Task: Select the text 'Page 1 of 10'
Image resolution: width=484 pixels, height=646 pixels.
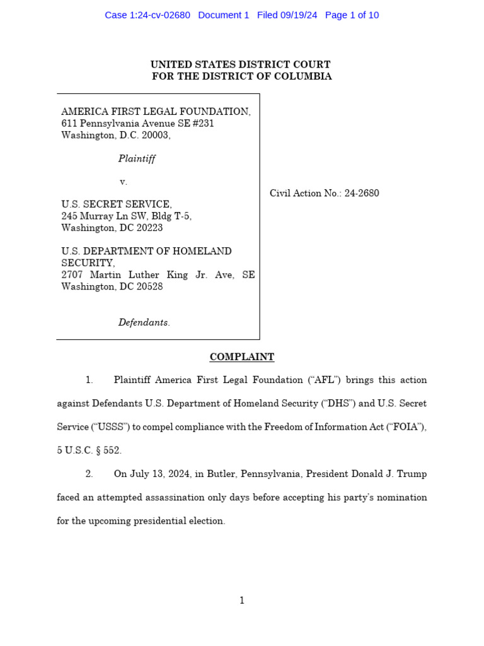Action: [x=352, y=15]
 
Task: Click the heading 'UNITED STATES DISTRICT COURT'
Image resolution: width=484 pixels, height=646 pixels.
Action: [x=240, y=64]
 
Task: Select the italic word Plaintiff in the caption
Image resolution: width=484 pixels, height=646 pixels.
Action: [x=137, y=158]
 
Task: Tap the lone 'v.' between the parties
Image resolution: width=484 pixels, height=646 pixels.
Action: [x=124, y=182]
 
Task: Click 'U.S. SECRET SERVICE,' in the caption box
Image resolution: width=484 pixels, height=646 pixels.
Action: [x=116, y=204]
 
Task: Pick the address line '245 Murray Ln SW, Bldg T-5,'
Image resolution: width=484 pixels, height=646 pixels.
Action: [x=126, y=216]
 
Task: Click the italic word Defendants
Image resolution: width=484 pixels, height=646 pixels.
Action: [x=144, y=322]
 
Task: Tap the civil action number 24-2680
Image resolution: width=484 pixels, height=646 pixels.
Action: [x=362, y=193]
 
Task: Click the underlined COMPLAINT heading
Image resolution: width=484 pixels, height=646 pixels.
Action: [x=242, y=357]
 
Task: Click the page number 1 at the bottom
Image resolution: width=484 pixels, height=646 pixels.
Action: [x=242, y=601]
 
